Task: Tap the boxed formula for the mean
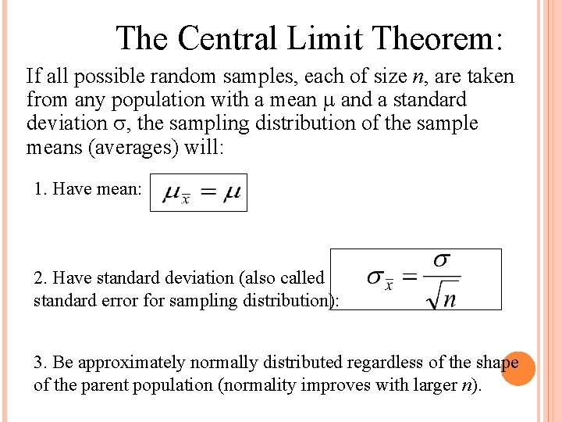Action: (198, 193)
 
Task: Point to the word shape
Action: (496, 363)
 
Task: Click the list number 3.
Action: (40, 363)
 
